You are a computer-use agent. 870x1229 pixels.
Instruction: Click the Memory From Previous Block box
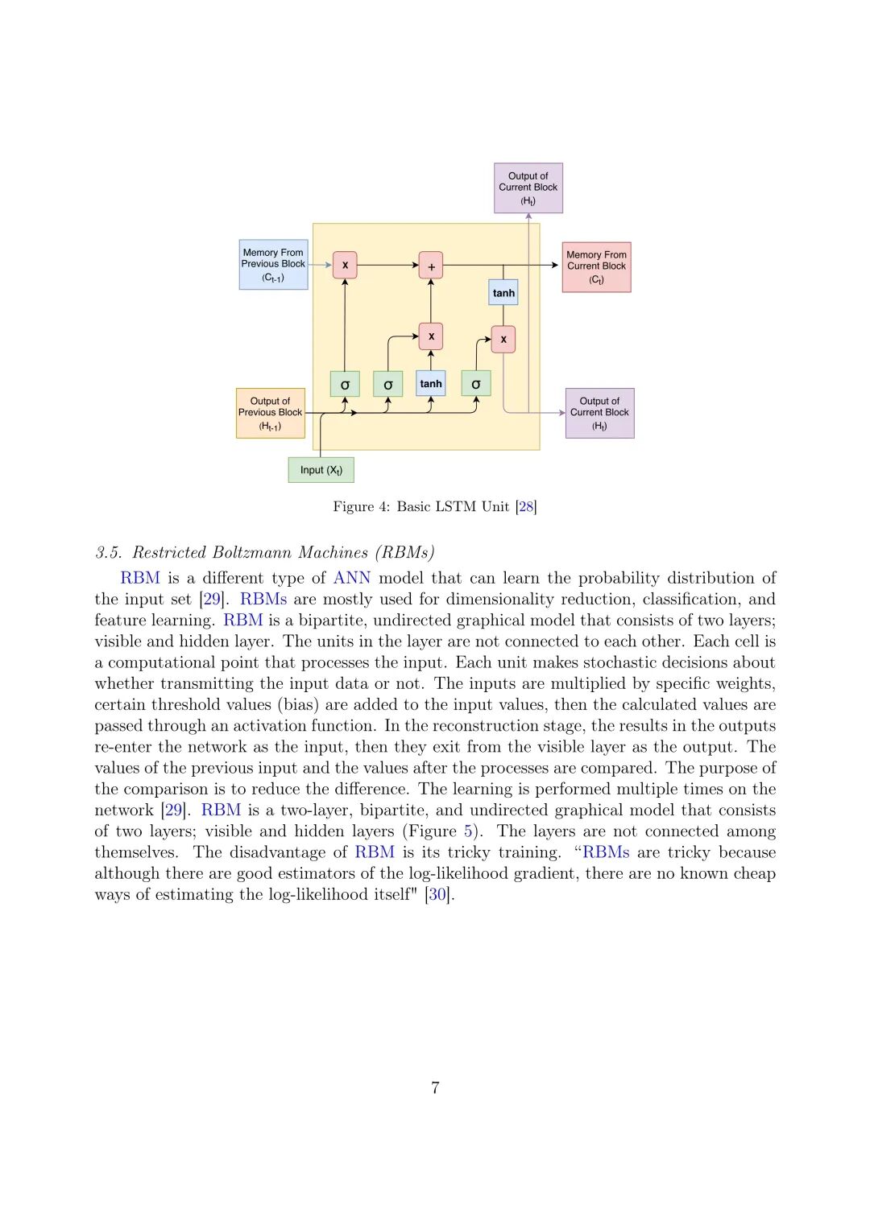point(273,264)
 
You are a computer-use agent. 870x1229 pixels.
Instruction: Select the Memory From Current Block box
point(596,266)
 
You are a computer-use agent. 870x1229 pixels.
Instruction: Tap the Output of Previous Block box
point(270,413)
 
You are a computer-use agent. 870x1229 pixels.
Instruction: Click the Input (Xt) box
point(321,469)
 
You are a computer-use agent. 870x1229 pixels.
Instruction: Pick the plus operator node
point(431,266)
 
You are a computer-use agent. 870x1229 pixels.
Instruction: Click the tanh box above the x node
point(503,293)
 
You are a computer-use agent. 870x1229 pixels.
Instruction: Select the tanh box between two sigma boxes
point(431,384)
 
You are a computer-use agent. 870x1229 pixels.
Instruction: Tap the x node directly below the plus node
point(431,336)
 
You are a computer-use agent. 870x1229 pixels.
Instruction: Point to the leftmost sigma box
point(345,384)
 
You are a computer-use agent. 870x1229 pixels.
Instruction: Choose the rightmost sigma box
point(475,384)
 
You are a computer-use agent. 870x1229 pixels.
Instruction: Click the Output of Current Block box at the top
point(528,188)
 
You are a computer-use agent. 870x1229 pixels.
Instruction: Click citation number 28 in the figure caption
point(526,506)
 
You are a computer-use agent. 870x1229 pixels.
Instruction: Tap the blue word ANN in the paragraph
point(352,578)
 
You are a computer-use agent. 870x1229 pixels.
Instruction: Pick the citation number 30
point(437,894)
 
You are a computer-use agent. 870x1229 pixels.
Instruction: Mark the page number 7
point(435,1088)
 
